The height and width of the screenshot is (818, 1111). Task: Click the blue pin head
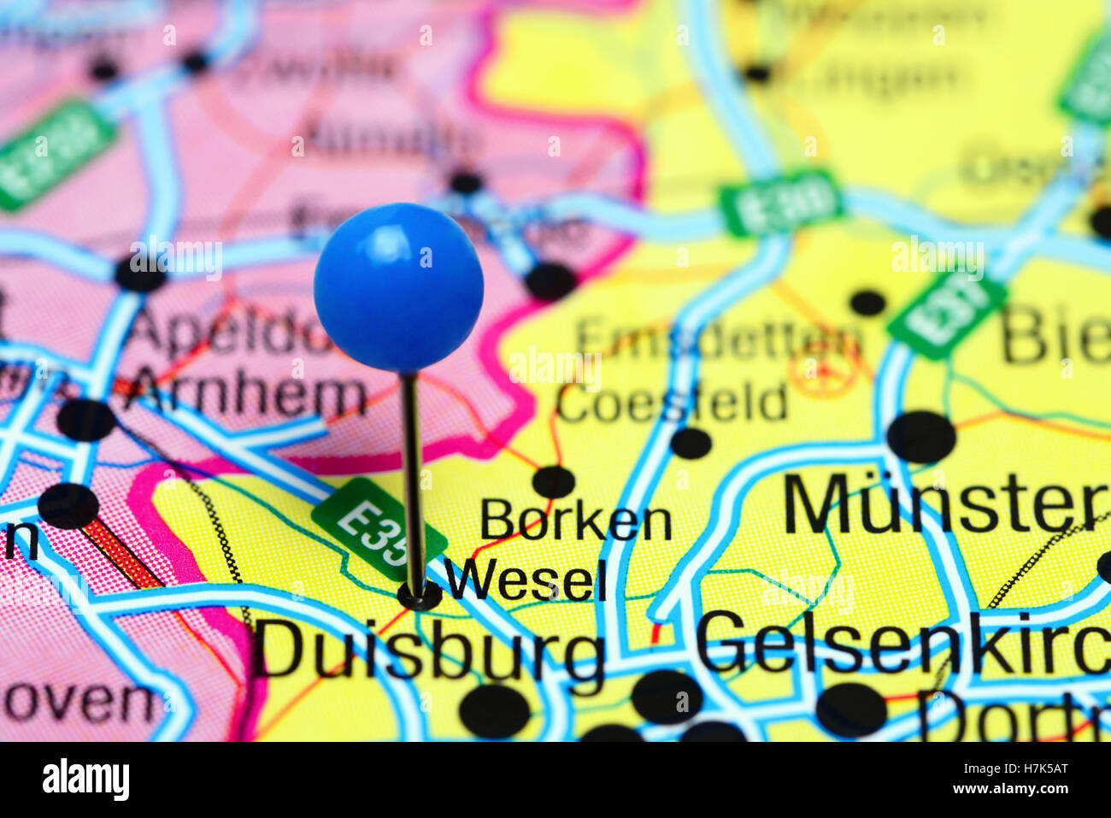[398, 287]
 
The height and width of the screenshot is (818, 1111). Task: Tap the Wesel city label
[526, 580]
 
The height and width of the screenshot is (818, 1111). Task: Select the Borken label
[576, 521]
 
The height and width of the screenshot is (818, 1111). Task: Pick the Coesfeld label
[672, 403]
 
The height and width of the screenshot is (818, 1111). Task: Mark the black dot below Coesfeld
[691, 443]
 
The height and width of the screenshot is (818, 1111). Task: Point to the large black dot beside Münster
[920, 437]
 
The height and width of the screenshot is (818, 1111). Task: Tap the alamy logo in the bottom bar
[86, 780]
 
